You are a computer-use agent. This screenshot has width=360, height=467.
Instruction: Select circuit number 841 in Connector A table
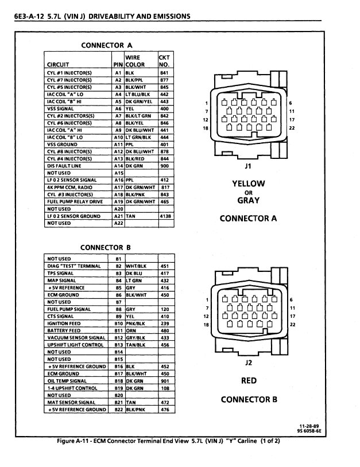pos(165,73)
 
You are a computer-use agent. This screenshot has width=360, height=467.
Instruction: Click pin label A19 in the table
pos(118,201)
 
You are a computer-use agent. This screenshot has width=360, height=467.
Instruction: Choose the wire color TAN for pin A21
pos(131,216)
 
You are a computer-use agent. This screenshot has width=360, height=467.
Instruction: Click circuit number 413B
pos(165,216)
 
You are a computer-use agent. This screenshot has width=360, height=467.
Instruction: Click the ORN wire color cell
pos(131,330)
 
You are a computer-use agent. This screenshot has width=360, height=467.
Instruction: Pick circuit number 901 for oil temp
pos(165,380)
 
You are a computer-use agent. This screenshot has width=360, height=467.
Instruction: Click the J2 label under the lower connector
pos(249,363)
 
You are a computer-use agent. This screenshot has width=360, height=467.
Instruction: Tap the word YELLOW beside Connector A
pos(248,184)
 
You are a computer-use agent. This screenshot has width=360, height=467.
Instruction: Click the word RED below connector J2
pos(249,380)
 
